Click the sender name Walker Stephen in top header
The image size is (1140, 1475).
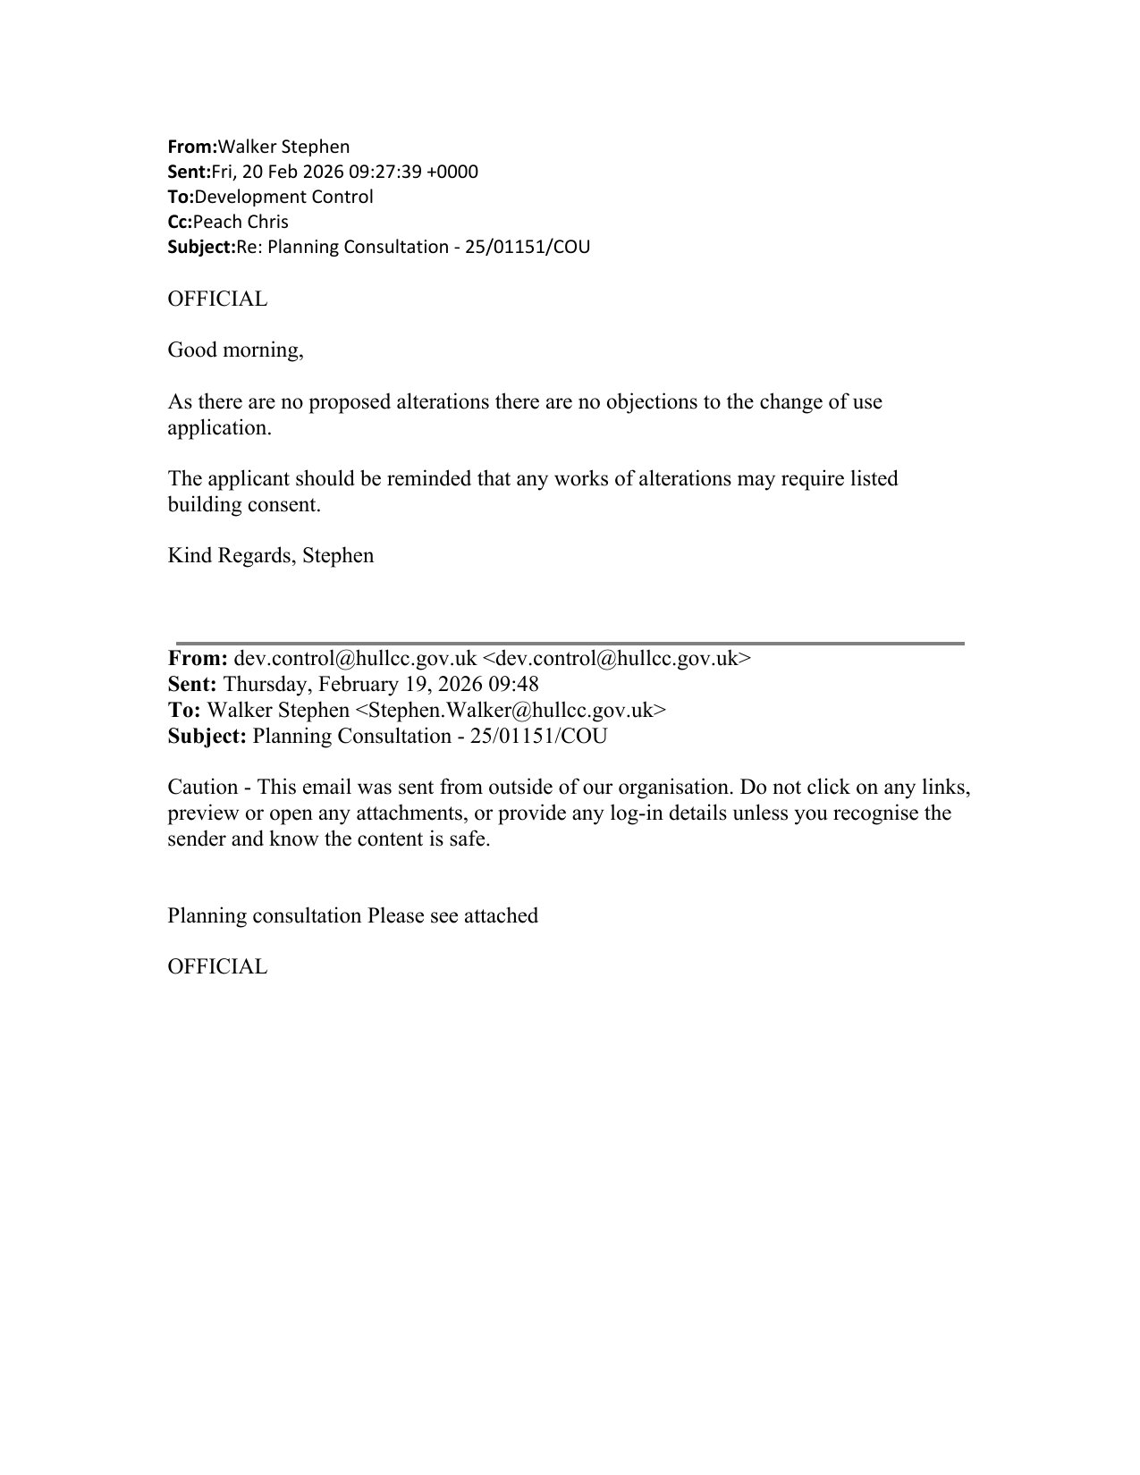pos(283,147)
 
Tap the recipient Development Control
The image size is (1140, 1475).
pos(283,197)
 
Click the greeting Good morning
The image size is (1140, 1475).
pos(234,350)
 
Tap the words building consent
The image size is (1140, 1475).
pos(243,504)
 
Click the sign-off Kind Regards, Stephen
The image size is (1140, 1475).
pos(270,555)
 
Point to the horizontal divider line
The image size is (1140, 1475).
pos(570,643)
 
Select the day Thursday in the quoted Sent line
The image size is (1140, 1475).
pos(264,685)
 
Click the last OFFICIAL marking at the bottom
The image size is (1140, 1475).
pos(217,966)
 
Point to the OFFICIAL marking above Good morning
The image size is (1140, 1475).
pos(217,299)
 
